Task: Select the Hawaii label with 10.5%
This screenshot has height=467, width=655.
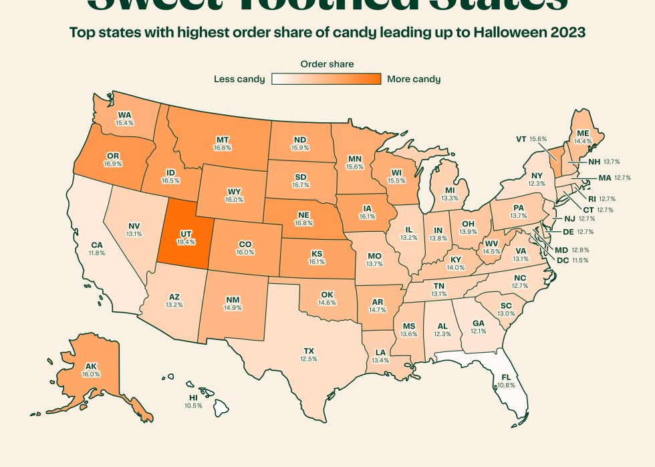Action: (x=193, y=401)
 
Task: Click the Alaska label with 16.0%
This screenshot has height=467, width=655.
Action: (x=91, y=369)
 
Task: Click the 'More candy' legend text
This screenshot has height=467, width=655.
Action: (x=413, y=79)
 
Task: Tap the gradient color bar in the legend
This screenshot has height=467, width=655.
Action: (x=326, y=79)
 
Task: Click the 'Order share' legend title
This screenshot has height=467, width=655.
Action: (x=327, y=64)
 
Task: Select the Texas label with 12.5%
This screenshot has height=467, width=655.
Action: (x=308, y=354)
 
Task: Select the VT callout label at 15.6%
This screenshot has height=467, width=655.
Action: (x=531, y=139)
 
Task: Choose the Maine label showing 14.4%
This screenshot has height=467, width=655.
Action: (x=583, y=136)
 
